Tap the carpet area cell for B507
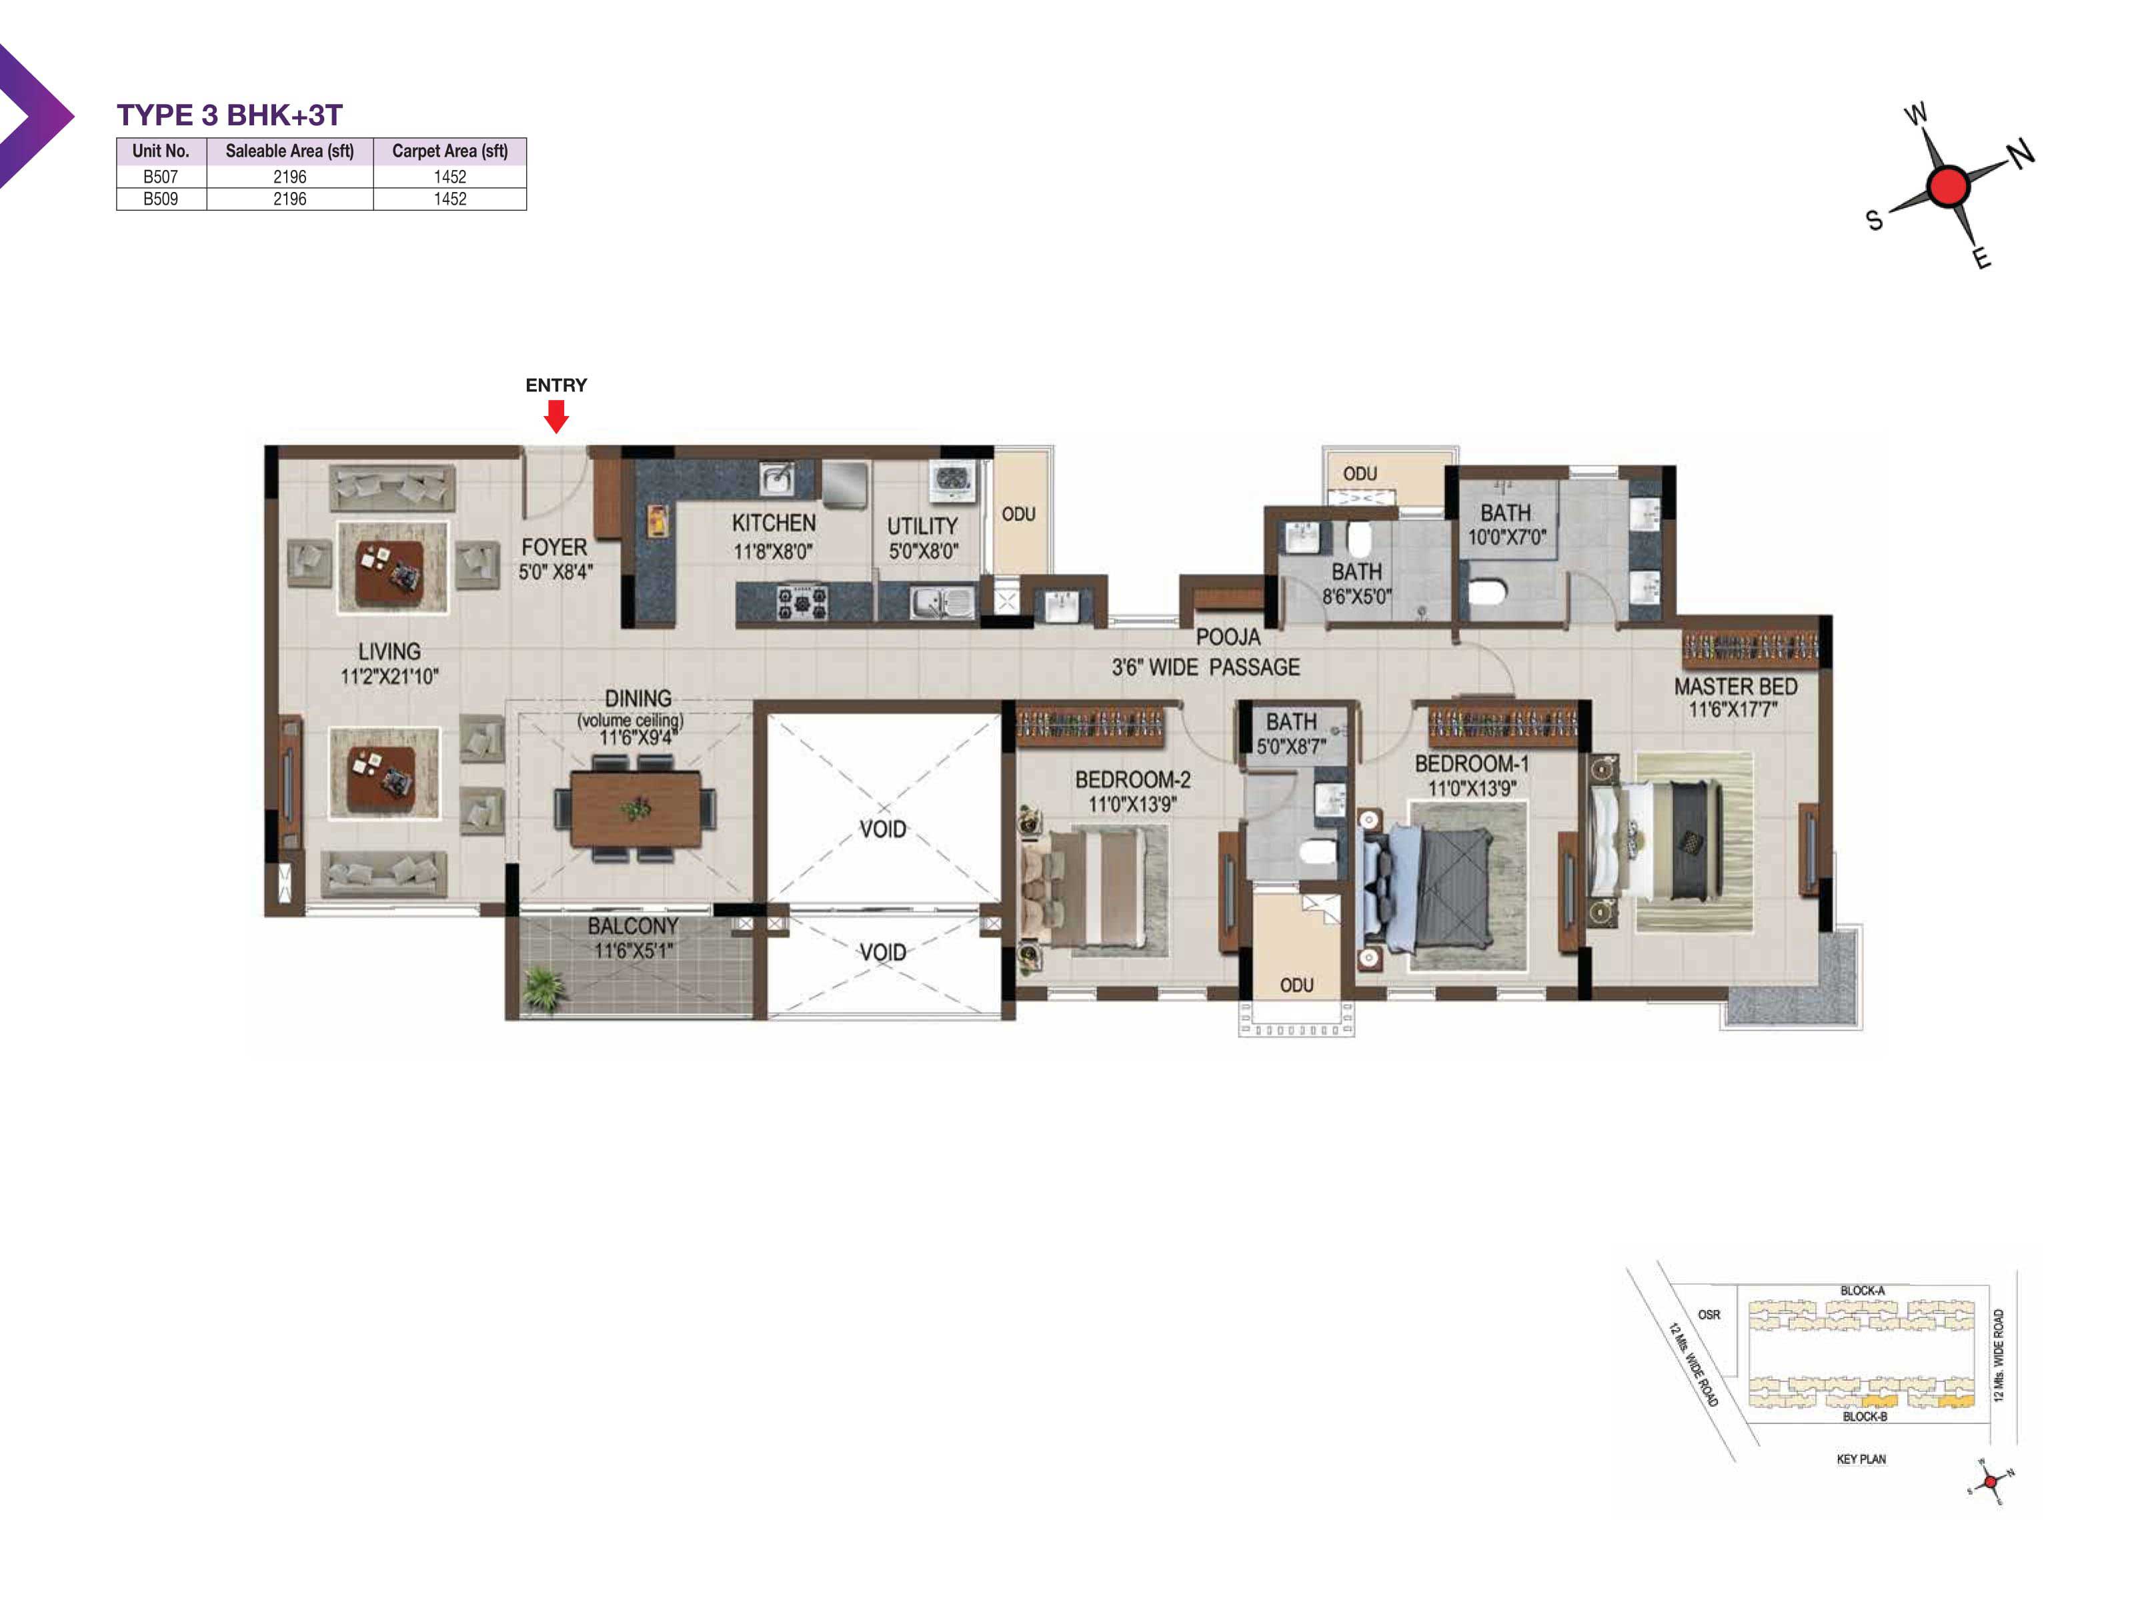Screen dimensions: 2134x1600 [449, 177]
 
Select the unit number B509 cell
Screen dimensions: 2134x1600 [161, 199]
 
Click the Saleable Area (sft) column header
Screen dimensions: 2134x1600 [289, 151]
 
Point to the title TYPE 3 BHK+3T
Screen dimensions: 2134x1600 [229, 115]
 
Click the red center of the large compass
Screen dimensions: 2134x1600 [1948, 185]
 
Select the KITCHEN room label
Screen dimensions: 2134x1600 [774, 523]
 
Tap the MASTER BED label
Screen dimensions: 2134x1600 [1736, 686]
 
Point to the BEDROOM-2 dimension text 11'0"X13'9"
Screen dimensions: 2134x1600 [1132, 803]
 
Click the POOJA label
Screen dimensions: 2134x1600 [1228, 637]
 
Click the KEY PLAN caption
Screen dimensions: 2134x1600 [1861, 1459]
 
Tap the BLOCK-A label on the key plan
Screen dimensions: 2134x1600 [1862, 1291]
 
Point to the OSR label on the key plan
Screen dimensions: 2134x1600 [1709, 1315]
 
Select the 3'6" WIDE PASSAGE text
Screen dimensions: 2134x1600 [1206, 667]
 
